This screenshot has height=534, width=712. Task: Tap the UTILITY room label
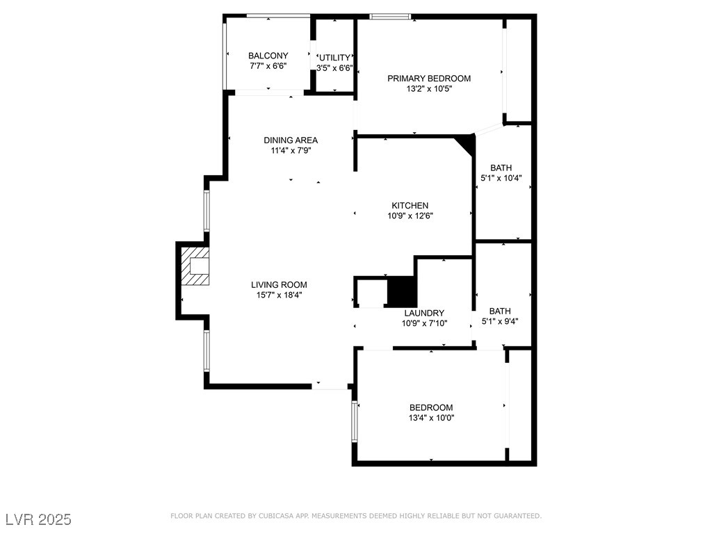click(x=335, y=58)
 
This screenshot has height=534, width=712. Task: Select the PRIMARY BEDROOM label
click(x=429, y=79)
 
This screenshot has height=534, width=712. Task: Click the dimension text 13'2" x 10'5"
click(x=429, y=89)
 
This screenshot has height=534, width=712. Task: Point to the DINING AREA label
click(x=291, y=140)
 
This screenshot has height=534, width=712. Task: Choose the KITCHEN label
click(x=410, y=205)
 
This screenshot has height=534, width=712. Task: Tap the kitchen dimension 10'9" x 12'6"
click(x=411, y=216)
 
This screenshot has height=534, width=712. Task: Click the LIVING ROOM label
click(x=279, y=284)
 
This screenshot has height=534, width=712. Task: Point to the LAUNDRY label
click(x=424, y=313)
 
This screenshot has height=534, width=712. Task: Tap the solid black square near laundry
click(x=400, y=291)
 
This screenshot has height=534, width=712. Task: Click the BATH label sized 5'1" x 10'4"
click(x=501, y=168)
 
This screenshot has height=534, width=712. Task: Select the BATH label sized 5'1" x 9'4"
click(x=499, y=311)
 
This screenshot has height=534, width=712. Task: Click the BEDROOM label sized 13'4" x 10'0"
click(x=431, y=407)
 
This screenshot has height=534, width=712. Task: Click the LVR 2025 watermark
click(x=38, y=519)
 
